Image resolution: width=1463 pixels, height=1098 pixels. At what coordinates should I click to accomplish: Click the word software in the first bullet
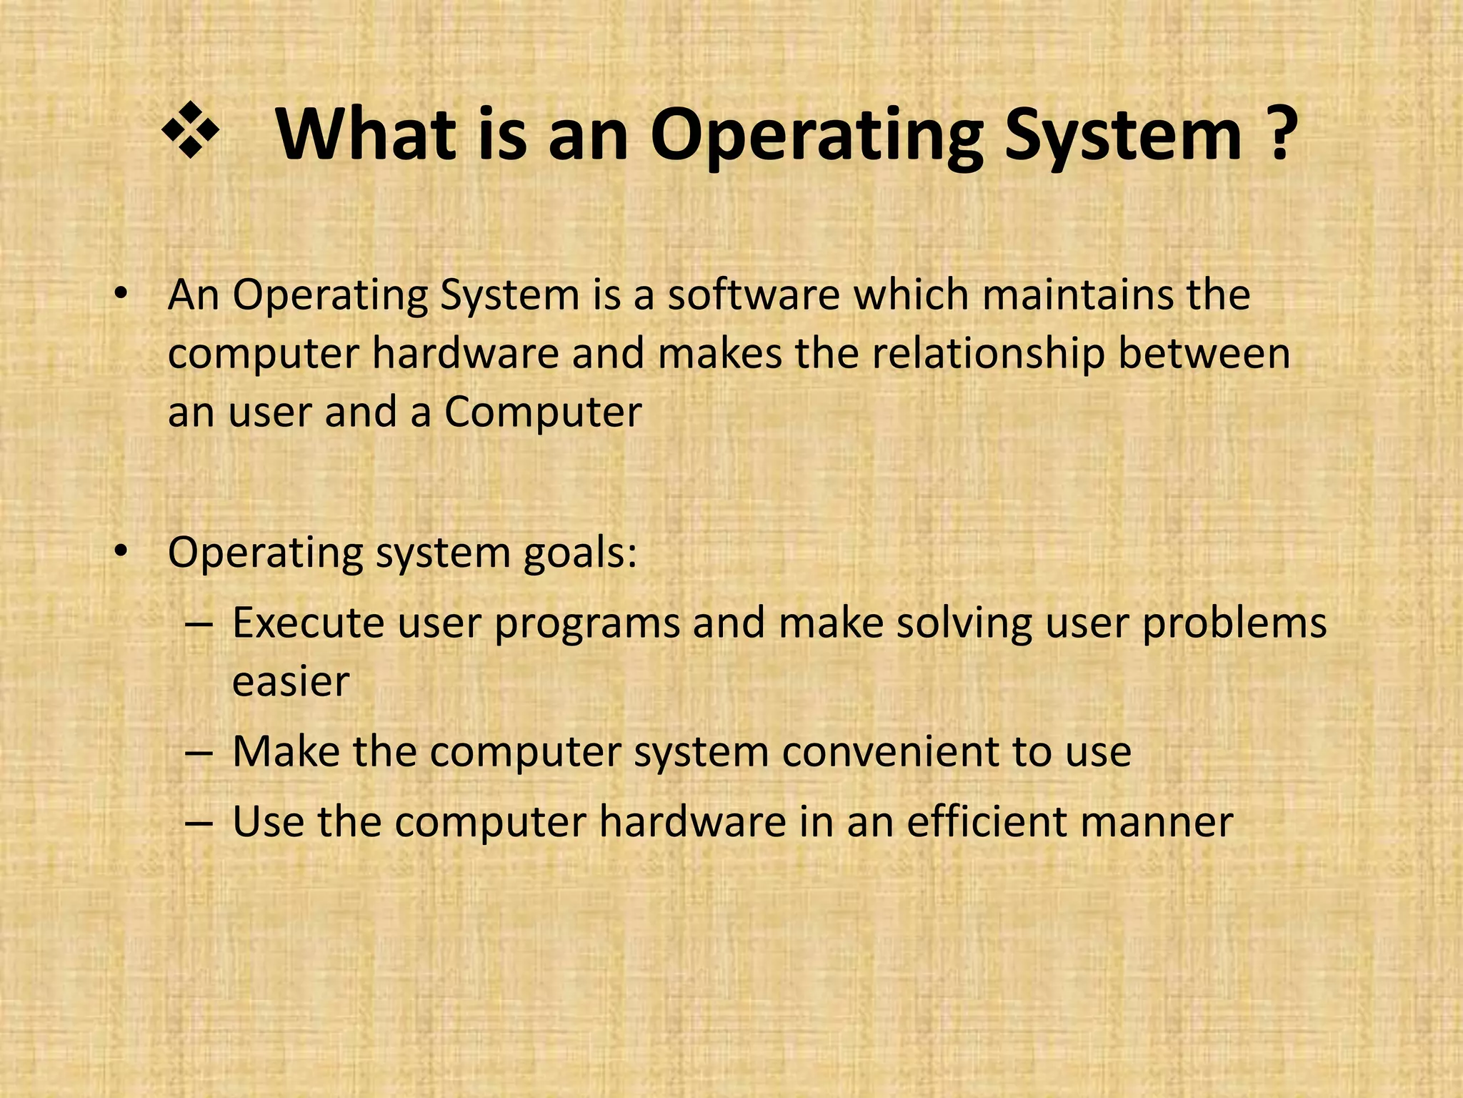click(x=754, y=295)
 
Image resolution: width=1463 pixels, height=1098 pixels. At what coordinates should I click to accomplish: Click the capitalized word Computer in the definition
click(x=543, y=413)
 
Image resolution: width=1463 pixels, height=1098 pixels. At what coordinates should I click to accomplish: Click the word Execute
click(x=309, y=622)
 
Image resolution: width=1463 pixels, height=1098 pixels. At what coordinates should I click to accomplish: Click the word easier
click(x=291, y=681)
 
